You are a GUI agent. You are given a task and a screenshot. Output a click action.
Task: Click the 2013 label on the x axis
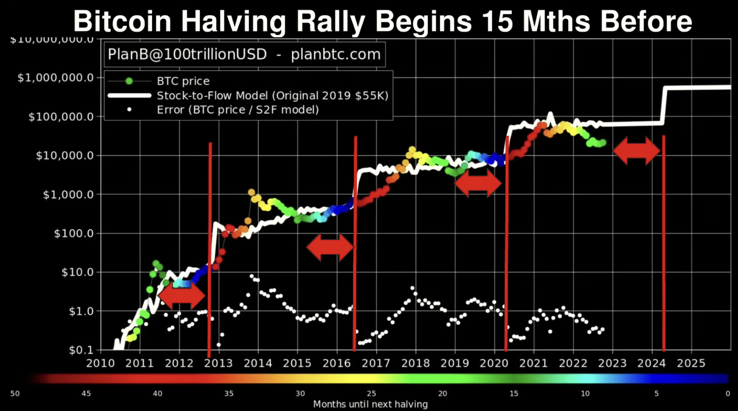tap(218, 363)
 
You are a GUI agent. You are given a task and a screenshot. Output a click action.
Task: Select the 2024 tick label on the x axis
tap(651, 363)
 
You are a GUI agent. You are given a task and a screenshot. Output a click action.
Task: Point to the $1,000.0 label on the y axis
tap(68, 194)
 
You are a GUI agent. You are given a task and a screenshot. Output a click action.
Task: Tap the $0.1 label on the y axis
tap(80, 350)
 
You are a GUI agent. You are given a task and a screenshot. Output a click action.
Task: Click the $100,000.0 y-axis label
tap(61, 117)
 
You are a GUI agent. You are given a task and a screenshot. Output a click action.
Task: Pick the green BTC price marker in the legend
tap(129, 81)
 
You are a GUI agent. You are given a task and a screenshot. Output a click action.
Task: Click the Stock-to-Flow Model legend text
tap(272, 96)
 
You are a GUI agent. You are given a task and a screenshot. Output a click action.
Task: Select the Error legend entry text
tap(238, 110)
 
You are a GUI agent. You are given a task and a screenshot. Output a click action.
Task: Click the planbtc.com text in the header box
tap(336, 54)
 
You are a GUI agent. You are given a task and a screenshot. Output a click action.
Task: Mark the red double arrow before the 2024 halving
tap(637, 151)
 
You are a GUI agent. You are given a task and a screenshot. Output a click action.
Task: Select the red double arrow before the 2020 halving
tap(478, 183)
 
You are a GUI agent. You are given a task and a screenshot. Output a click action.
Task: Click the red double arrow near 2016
tap(330, 247)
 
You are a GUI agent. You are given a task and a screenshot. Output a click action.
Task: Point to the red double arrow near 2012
tap(181, 295)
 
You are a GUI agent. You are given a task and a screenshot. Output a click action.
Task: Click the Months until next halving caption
tap(370, 404)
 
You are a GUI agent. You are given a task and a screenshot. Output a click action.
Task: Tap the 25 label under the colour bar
tap(371, 393)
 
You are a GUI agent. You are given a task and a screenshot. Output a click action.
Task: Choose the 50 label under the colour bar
tap(15, 393)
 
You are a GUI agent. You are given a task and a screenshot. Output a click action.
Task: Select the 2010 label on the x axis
tap(100, 363)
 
